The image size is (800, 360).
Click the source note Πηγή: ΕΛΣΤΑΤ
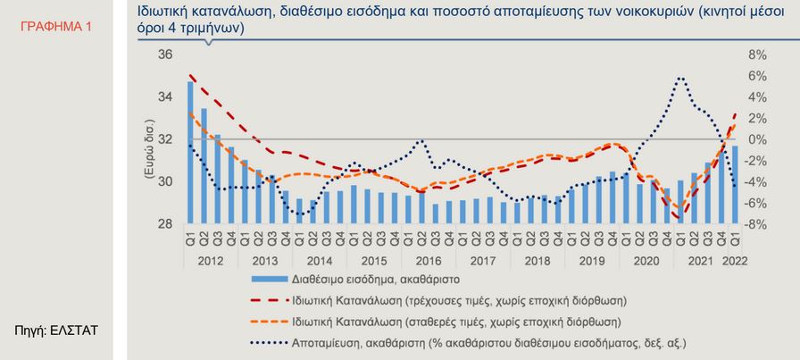(x=56, y=331)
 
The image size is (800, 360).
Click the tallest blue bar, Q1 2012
(x=190, y=152)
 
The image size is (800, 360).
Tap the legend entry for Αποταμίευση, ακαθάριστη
(x=488, y=341)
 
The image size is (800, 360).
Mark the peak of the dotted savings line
(x=680, y=78)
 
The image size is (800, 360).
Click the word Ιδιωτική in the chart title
(x=167, y=12)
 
